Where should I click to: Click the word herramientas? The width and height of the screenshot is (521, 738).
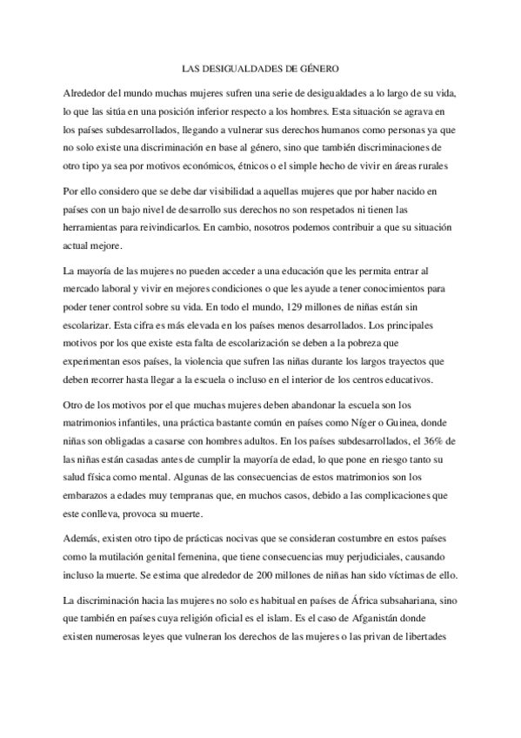97,227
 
